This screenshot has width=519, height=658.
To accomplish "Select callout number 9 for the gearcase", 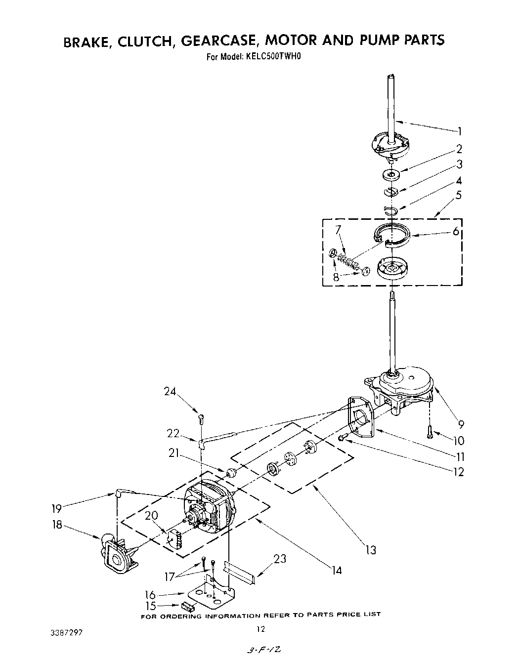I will [461, 423].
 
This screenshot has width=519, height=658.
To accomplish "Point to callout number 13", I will [371, 550].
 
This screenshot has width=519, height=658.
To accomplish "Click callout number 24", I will [170, 392].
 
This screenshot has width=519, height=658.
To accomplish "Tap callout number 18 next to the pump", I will [57, 525].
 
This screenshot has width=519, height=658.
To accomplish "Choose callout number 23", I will [280, 559].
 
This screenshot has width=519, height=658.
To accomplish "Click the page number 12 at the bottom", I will [261, 629].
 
